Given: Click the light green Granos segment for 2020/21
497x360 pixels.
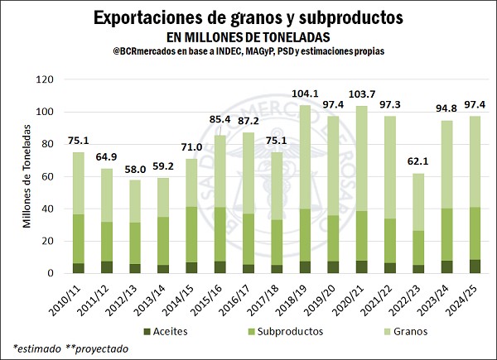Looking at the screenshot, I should click(361, 157).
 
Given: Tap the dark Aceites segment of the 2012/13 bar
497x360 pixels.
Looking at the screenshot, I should click(135, 268).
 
